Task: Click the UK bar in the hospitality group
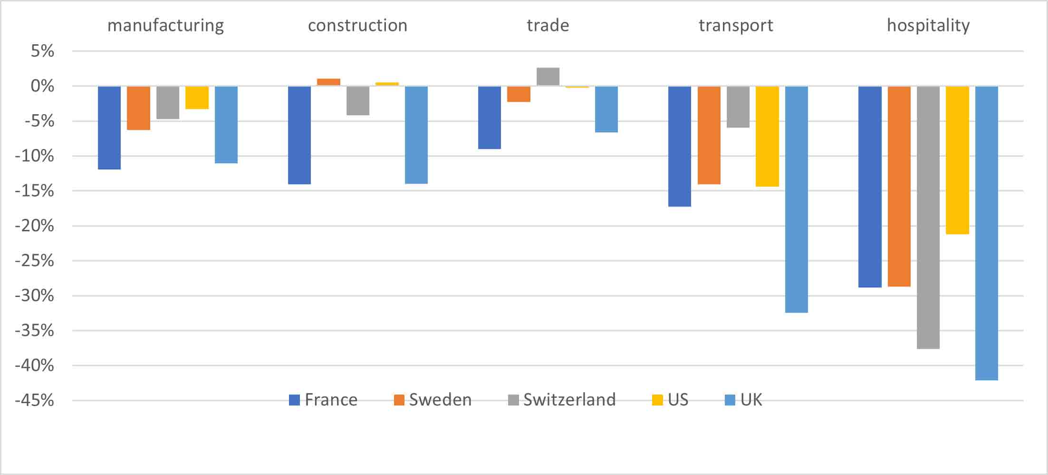(x=986, y=233)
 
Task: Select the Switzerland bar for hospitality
(x=928, y=218)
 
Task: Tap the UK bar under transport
(x=796, y=199)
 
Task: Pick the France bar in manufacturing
(x=109, y=128)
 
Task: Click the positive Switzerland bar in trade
(x=548, y=77)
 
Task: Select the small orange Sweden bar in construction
(x=328, y=82)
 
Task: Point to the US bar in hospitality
(x=957, y=160)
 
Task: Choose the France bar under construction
(x=299, y=135)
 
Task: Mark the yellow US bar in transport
(x=767, y=136)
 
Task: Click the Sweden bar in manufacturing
(x=138, y=108)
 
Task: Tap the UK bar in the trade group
(x=606, y=109)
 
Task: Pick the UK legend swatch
(x=730, y=400)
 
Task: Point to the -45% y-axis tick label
(x=34, y=400)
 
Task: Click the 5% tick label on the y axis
(x=42, y=51)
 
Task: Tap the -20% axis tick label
(x=34, y=226)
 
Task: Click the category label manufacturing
(x=165, y=25)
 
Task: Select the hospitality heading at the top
(x=928, y=25)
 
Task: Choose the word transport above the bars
(x=736, y=25)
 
